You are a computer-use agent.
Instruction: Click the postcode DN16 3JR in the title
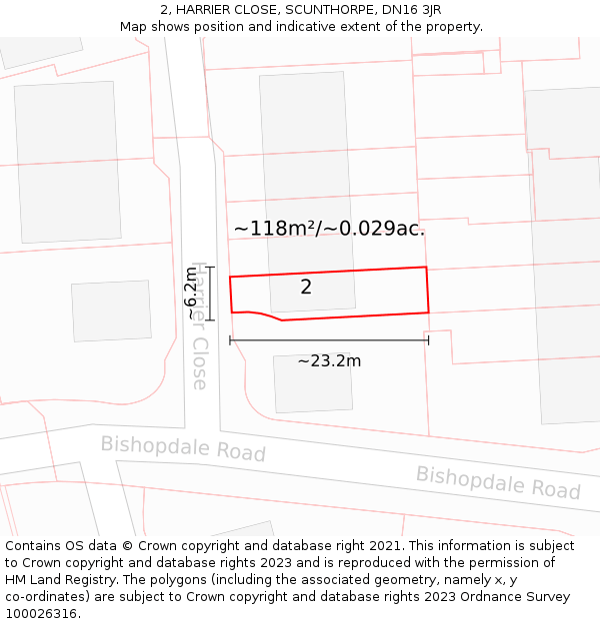[x=412, y=10]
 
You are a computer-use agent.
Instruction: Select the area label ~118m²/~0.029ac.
[x=329, y=229]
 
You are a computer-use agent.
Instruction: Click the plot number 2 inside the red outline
[x=306, y=288]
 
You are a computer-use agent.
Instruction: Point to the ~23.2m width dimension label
[x=329, y=360]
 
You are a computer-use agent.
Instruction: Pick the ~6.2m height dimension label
[x=191, y=293]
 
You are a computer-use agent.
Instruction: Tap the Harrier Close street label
[x=199, y=325]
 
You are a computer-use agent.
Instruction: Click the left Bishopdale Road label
[x=183, y=448]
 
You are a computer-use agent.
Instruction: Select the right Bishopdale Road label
[x=498, y=482]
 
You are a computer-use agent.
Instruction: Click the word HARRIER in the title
[x=206, y=10]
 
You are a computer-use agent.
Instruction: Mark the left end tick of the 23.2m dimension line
[x=230, y=340]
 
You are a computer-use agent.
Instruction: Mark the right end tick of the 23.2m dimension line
[x=428, y=340]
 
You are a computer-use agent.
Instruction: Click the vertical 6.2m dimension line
[x=210, y=294]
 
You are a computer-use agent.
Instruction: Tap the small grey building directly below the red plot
[x=312, y=383]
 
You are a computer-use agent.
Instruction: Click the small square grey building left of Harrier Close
[x=111, y=311]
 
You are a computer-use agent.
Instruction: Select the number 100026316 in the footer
[x=42, y=613]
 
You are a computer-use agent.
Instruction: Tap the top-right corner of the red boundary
[x=426, y=268]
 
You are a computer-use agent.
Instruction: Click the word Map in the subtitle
[x=134, y=27]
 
